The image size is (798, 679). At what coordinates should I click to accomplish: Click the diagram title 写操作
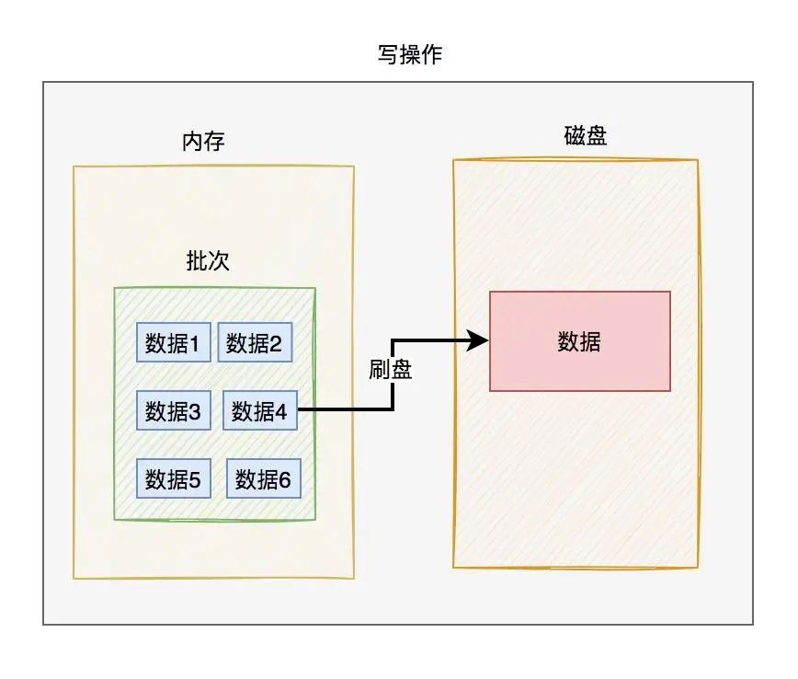398,55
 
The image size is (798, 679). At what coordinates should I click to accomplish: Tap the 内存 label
204,142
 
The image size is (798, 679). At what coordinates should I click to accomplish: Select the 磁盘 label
586,136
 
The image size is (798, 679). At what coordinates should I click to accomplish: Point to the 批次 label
208,261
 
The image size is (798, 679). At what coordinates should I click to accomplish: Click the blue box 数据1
174,342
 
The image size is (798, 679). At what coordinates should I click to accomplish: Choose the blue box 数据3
174,410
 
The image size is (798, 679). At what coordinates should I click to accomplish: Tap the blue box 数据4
260,410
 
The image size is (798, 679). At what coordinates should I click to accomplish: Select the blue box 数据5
174,478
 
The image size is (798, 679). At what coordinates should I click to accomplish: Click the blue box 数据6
263,478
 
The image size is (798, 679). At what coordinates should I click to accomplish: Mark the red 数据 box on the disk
579,341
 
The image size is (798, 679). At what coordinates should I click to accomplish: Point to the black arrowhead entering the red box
479,341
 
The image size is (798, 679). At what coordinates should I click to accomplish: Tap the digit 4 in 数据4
280,411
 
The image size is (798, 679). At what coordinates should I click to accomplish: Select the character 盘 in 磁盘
597,136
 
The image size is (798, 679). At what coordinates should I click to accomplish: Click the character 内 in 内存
193,142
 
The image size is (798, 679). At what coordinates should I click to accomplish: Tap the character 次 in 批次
219,261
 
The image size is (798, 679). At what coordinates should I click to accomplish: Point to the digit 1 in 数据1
195,343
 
